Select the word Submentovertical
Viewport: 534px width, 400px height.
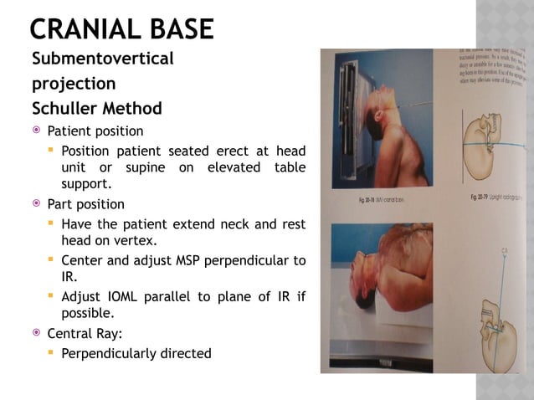103,59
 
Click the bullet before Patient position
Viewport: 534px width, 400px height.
36,131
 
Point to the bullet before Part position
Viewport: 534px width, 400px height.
36,204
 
